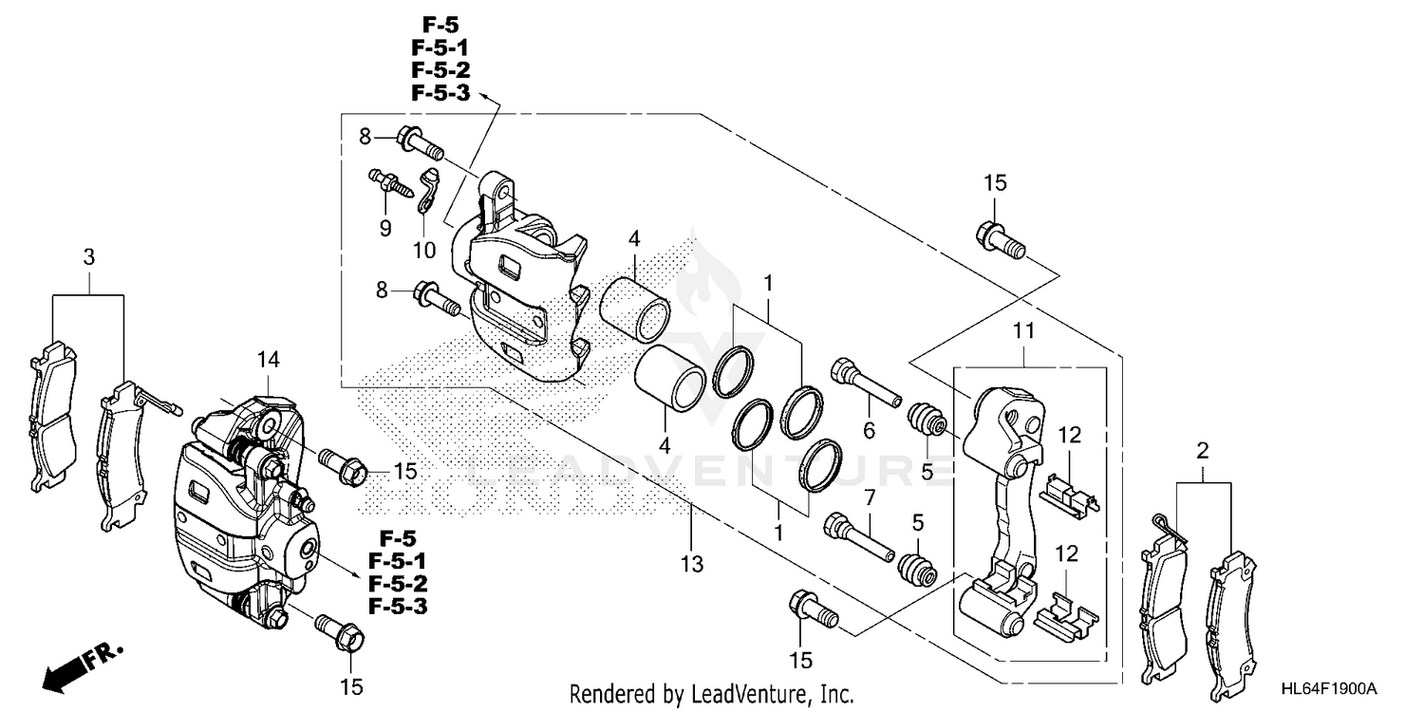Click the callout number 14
[x=268, y=360]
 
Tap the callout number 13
[x=692, y=563]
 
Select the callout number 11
[x=1023, y=330]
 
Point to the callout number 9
[x=385, y=228]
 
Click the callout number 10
[x=424, y=251]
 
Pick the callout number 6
[x=869, y=430]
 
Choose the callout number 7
[x=870, y=497]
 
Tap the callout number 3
[x=88, y=257]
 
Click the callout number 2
[x=1202, y=451]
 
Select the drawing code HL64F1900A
[x=1329, y=688]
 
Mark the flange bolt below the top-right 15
[x=1000, y=240]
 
